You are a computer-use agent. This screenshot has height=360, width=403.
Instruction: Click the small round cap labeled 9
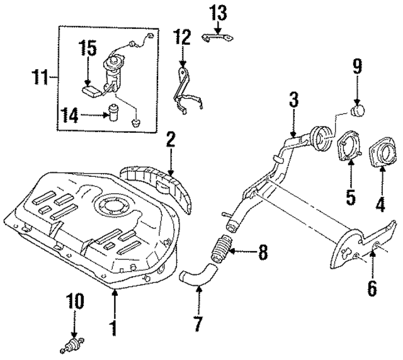[358, 111]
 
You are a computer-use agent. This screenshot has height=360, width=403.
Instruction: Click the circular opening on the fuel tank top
[111, 205]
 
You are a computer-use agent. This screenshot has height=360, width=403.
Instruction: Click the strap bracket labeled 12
[186, 88]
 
